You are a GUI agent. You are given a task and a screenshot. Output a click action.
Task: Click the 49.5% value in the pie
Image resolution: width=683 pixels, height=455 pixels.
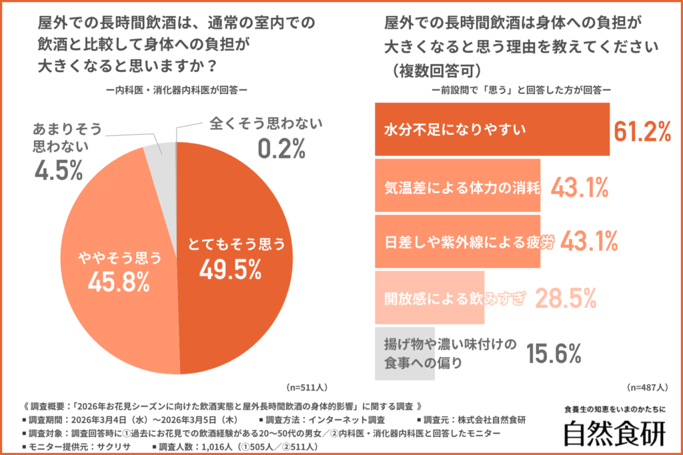(229, 269)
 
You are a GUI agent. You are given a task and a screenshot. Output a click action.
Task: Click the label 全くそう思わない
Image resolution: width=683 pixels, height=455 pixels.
(265, 123)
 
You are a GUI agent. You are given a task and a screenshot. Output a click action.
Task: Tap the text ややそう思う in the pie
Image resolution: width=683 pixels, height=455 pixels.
(117, 255)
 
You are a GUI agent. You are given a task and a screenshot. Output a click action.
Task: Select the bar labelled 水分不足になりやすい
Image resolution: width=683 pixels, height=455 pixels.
(492, 129)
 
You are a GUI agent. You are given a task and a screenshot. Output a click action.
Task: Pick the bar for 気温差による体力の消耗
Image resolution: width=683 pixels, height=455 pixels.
(458, 185)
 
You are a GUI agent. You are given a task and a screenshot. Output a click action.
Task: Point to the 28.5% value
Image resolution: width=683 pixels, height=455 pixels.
(566, 298)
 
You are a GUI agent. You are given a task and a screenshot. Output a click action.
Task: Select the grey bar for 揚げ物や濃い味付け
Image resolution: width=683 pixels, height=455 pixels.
(405, 353)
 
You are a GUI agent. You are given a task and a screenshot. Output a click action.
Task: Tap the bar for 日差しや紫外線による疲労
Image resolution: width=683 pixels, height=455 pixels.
(458, 240)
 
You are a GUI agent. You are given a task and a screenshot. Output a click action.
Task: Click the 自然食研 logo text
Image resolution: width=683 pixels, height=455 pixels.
(614, 433)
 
